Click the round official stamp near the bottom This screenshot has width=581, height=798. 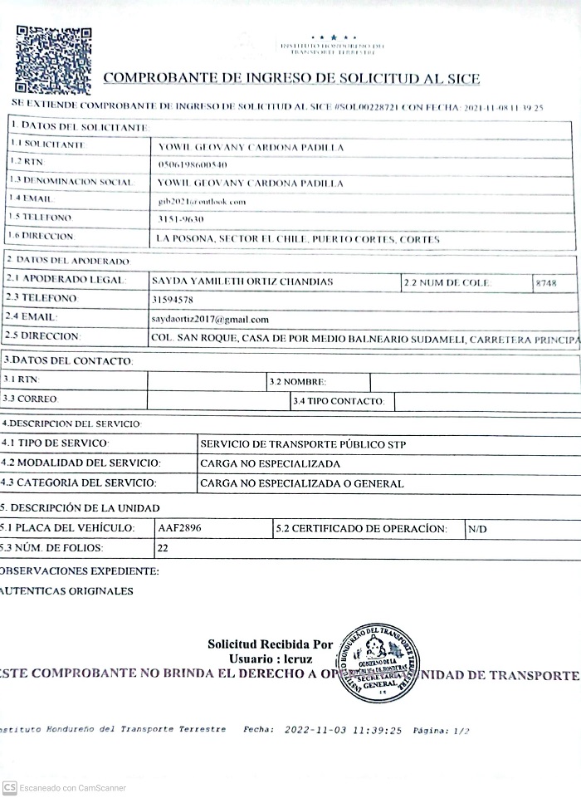(378, 662)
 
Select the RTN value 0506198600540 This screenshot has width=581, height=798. (193, 164)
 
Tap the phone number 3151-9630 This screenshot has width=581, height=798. (180, 219)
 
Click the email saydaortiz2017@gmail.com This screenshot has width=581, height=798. (210, 319)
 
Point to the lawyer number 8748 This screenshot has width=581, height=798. (546, 283)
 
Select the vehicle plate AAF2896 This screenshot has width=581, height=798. (179, 527)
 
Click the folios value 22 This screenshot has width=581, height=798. (163, 548)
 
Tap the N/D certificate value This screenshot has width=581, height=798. (476, 528)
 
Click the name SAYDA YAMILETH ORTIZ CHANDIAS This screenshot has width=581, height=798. (242, 282)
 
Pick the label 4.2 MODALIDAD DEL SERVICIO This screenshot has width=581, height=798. (81, 463)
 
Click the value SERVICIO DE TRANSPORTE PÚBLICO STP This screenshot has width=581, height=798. (303, 444)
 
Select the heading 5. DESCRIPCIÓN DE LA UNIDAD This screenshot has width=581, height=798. (80, 507)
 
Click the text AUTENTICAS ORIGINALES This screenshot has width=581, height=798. (67, 591)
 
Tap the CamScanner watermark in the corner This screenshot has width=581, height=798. (64, 787)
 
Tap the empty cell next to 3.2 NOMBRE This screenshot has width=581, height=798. (473, 382)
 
